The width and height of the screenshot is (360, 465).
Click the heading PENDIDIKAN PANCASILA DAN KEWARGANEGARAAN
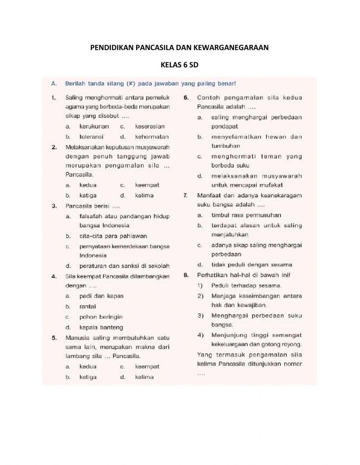(179, 48)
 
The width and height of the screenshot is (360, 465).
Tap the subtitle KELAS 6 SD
(179, 65)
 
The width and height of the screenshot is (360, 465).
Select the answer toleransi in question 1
(91, 137)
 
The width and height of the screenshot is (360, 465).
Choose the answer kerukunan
(94, 126)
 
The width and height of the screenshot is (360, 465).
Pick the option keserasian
(150, 126)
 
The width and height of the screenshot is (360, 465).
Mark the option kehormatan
(152, 137)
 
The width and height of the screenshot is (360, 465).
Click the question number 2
(54, 147)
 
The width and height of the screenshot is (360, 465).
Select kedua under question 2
(88, 185)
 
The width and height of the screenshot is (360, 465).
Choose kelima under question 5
(144, 377)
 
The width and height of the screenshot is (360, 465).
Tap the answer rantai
(87, 307)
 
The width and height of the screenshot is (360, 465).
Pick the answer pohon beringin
(101, 317)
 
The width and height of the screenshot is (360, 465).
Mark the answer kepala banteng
(101, 327)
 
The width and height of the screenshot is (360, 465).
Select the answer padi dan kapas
(101, 296)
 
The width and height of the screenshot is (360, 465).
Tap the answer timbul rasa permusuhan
(246, 215)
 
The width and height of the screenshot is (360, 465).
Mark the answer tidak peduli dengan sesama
(252, 265)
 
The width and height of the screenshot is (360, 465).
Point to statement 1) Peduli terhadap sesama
(246, 286)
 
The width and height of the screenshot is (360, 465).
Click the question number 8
(186, 275)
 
